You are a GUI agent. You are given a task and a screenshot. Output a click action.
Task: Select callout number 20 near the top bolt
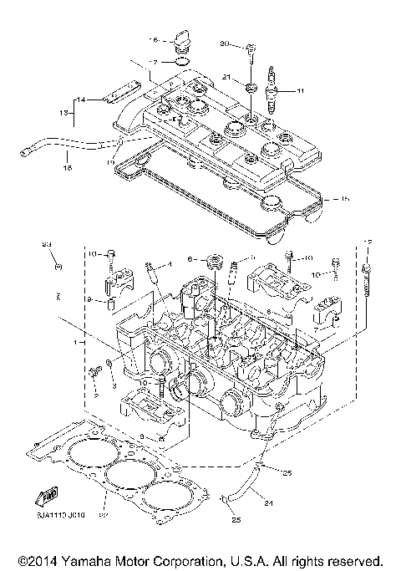point(224,43)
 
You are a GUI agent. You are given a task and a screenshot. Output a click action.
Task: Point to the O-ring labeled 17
point(178,61)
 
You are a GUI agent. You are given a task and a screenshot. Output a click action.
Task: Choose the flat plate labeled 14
point(119,98)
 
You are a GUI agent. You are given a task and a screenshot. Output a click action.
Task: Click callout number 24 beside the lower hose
point(270,503)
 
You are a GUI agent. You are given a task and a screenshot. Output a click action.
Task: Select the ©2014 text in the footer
point(38,559)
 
